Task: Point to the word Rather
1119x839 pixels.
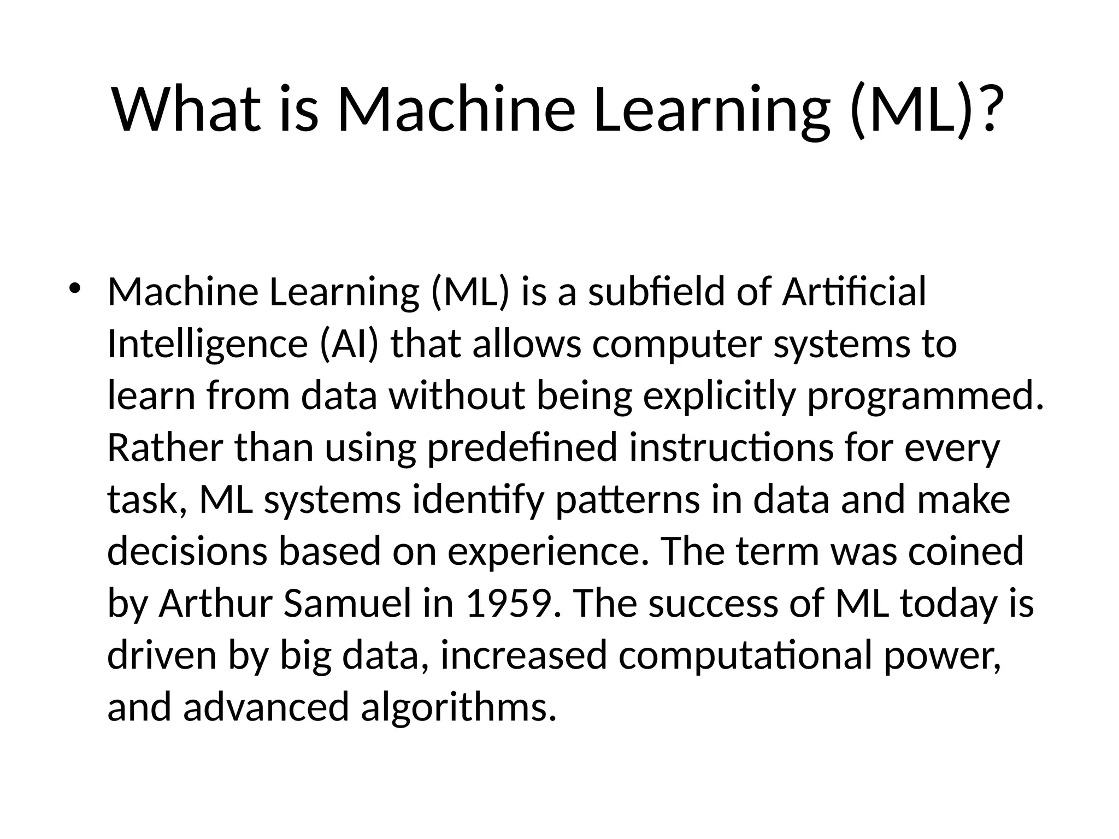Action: tap(165, 448)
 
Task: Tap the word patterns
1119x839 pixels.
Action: tap(627, 500)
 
